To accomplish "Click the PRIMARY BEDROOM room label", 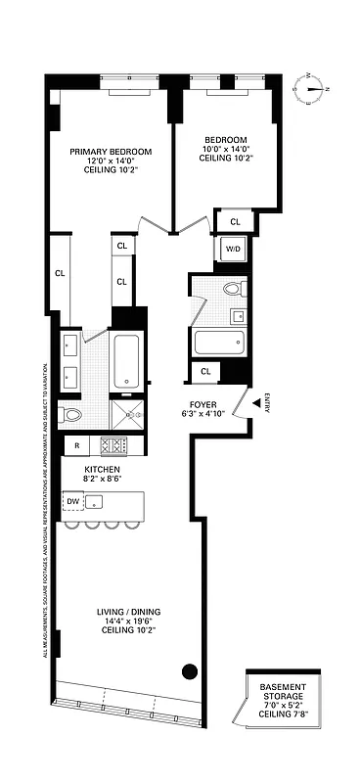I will click(x=111, y=151).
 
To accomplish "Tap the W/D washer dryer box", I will click(x=234, y=249).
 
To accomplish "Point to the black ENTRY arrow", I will click(x=256, y=399).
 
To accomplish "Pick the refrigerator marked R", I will click(x=76, y=446).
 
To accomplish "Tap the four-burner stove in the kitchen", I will click(x=114, y=445).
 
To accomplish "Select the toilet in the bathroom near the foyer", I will click(x=232, y=289).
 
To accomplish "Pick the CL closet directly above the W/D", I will click(x=235, y=222).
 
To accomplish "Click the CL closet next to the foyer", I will click(x=205, y=371).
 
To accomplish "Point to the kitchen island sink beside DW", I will click(x=95, y=503).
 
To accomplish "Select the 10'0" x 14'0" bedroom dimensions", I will click(x=224, y=149).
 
